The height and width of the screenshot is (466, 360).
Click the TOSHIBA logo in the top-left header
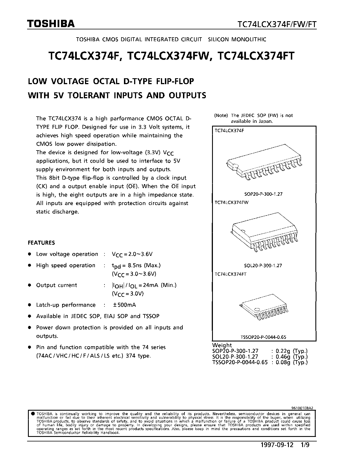point(51,24)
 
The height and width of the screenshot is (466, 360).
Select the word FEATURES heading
point(42,243)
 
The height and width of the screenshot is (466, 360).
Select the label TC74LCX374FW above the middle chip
point(232,202)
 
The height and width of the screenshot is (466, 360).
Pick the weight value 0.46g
point(283,357)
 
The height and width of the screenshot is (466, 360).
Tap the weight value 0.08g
point(283,362)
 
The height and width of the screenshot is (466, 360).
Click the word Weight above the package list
point(222,345)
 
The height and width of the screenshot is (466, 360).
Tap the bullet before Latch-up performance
point(29,305)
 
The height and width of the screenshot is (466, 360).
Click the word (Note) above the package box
point(221,116)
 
